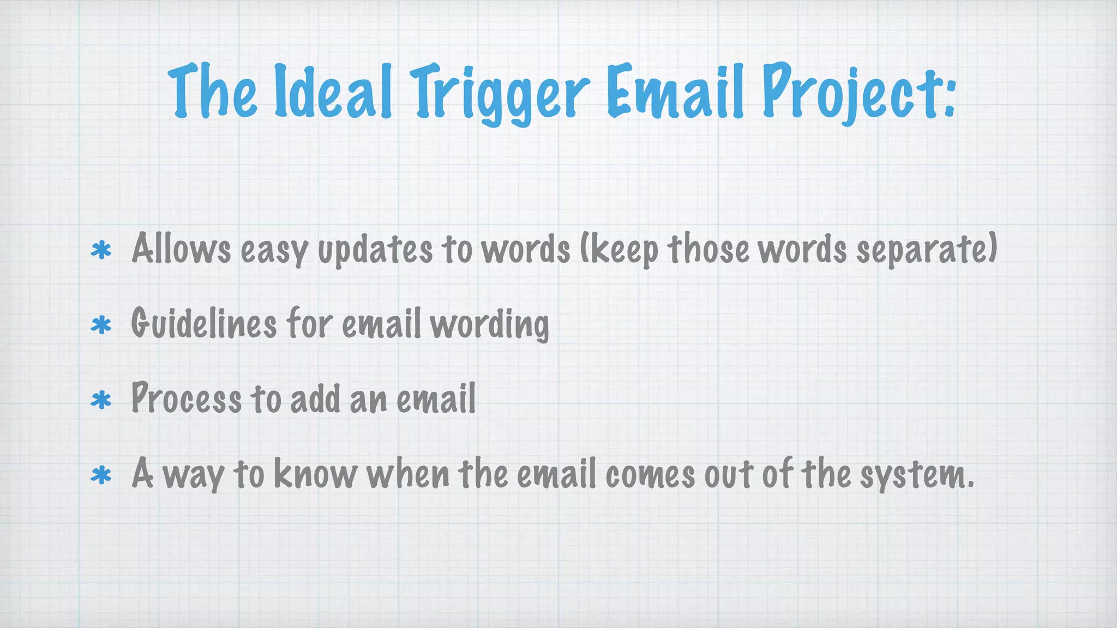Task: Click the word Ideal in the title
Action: pos(333,92)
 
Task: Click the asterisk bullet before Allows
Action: pos(101,251)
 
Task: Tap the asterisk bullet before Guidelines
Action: pos(101,325)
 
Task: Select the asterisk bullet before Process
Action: pos(101,401)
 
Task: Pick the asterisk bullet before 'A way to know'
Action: pos(101,475)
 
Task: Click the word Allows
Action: pos(181,249)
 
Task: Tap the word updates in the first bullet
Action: pos(375,251)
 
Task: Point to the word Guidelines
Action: pos(203,324)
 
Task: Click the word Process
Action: pos(186,398)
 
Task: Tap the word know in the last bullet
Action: pos(315,474)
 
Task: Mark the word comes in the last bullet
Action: pos(650,475)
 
